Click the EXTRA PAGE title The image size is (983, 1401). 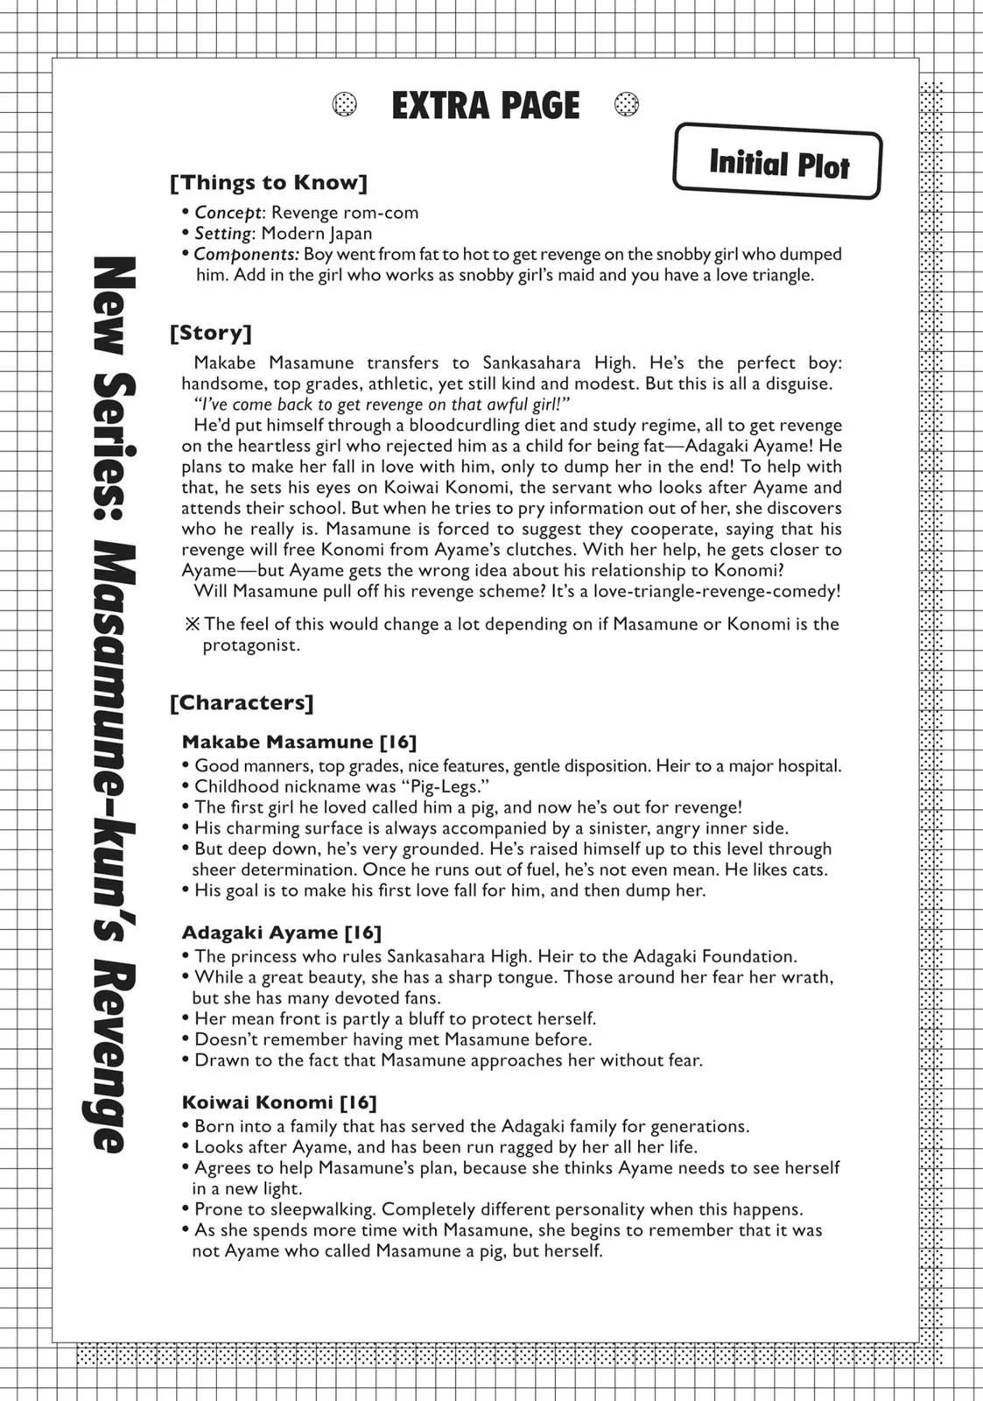click(485, 106)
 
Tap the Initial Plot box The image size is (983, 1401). click(777, 163)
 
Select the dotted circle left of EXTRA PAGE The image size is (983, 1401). click(345, 105)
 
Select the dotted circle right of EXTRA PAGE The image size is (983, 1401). click(627, 105)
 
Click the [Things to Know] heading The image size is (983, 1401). click(269, 182)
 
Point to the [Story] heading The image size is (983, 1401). click(211, 333)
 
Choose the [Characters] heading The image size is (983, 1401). click(242, 702)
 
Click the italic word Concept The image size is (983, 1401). click(228, 213)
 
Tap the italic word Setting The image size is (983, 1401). click(222, 234)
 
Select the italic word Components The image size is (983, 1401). click(246, 255)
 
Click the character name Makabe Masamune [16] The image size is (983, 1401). click(299, 742)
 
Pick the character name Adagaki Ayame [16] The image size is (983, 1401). click(282, 933)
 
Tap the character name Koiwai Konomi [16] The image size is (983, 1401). click(279, 1102)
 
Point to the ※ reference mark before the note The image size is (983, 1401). click(193, 624)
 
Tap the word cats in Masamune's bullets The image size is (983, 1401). click(806, 869)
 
